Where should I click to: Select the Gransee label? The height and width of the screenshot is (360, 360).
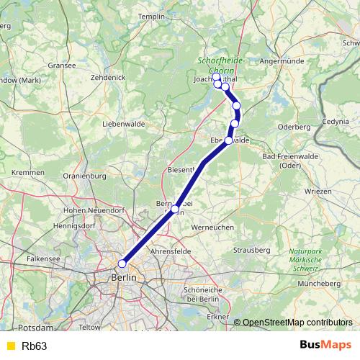61,65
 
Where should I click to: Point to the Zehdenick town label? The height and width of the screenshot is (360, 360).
109,76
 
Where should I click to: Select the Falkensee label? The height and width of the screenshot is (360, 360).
43,257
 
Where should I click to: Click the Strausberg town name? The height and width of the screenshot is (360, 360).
251,249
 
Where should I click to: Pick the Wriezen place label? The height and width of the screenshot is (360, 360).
318,192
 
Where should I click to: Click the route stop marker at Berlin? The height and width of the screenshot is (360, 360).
122,264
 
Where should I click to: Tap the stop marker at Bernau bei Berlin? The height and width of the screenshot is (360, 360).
175,210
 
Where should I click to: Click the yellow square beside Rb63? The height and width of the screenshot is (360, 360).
9,346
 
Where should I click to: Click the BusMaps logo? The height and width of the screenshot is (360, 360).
325,346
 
